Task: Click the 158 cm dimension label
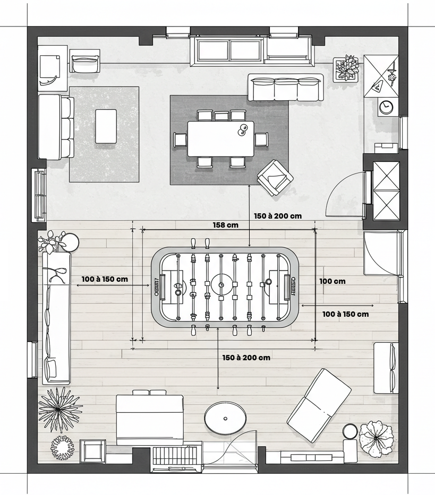pos(225,225)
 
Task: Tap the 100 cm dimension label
pos(332,281)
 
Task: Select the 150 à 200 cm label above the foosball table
pos(278,216)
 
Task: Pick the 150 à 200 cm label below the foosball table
pos(246,358)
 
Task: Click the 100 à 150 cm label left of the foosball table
pos(105,279)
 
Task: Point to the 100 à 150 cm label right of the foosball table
pos(346,314)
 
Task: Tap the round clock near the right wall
pos(386,107)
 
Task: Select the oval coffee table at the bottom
pos(225,419)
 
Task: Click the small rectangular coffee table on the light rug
pos(106,126)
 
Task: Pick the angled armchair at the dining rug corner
pos(275,177)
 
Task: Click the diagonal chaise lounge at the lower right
pos(319,405)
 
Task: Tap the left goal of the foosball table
pos(163,287)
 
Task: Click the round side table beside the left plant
pos(70,242)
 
